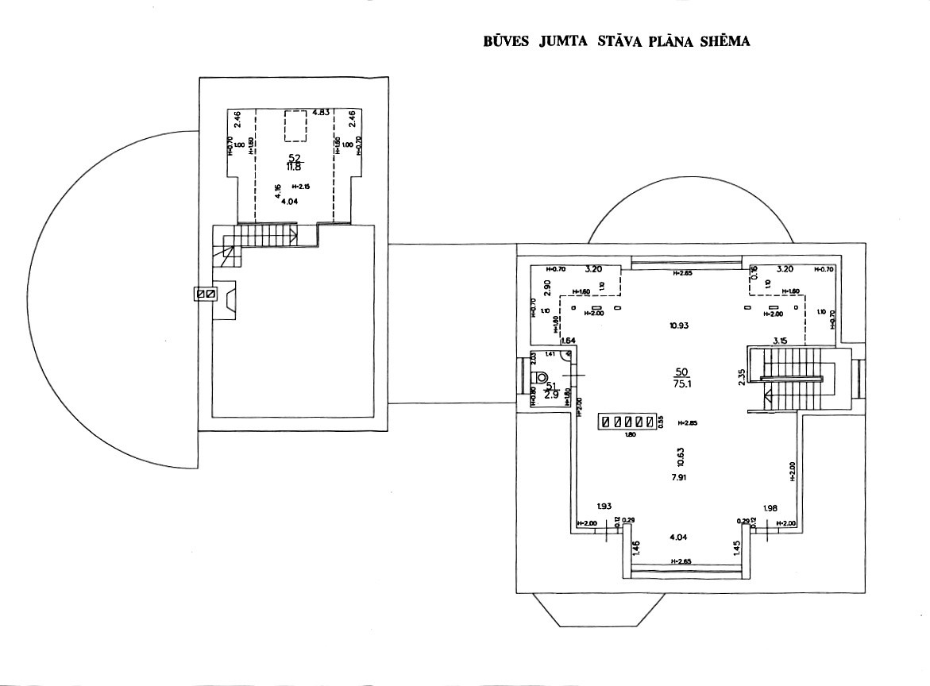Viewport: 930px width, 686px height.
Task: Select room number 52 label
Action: click(295, 157)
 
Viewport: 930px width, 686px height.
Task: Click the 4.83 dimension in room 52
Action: click(321, 113)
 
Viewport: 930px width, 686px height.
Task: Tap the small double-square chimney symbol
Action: click(206, 294)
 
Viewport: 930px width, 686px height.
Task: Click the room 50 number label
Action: click(681, 372)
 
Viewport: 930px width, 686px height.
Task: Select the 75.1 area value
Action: click(681, 383)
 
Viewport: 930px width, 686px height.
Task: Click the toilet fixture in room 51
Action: click(544, 377)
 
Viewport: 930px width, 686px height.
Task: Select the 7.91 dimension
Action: click(678, 476)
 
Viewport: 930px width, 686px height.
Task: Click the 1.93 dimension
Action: click(605, 507)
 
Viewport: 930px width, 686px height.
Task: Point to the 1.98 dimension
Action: click(769, 508)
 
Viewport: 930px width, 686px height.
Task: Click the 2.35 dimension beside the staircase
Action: click(741, 376)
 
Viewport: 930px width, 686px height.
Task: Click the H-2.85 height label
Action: click(688, 423)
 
